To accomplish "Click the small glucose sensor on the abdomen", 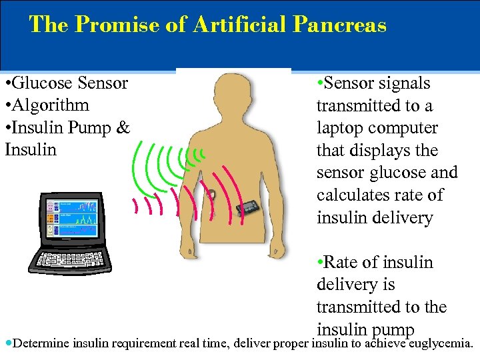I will [211, 195].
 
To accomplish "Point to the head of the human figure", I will [233, 93].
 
